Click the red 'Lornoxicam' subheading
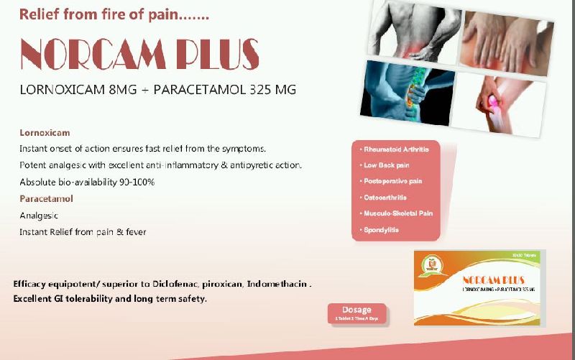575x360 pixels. click(x=45, y=133)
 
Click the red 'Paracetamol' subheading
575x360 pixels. click(x=46, y=198)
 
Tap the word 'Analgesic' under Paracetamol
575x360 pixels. click(x=39, y=215)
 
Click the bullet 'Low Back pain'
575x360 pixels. click(x=387, y=165)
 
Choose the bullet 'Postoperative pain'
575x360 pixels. click(x=393, y=181)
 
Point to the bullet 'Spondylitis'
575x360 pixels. click(x=381, y=229)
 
